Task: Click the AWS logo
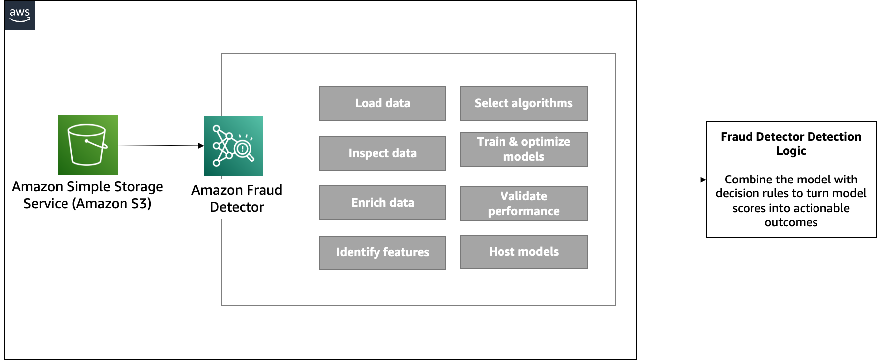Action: tap(20, 15)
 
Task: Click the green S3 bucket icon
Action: tap(88, 145)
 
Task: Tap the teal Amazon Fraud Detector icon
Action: tap(233, 145)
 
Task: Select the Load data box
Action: tap(382, 104)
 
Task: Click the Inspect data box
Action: tap(382, 153)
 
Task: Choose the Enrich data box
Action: tap(382, 203)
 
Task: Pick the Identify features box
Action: tap(382, 253)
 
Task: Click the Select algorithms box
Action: tap(524, 104)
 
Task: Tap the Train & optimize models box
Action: tap(524, 149)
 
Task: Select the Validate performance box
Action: tap(524, 204)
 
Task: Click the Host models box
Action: tap(524, 252)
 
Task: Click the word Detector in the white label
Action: tap(237, 207)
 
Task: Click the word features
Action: tap(406, 252)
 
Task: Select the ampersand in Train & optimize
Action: tap(513, 142)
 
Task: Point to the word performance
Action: tap(524, 212)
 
